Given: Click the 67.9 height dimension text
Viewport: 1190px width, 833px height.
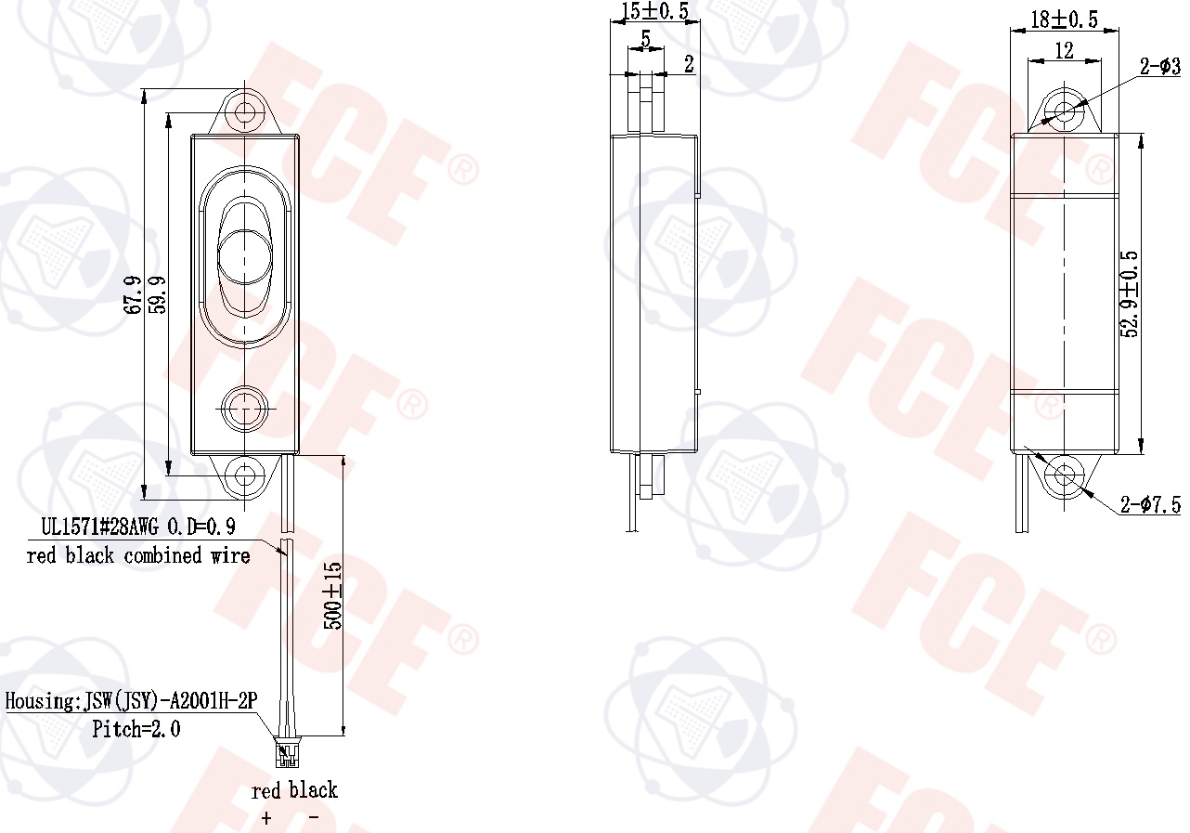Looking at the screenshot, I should tap(132, 294).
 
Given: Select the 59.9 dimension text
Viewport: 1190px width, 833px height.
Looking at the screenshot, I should tap(158, 294).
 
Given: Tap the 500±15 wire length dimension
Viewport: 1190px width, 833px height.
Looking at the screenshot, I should tap(332, 595).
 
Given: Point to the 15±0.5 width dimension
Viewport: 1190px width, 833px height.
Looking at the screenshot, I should tap(653, 12).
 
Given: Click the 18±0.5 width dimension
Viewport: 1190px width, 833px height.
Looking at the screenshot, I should tap(1064, 20).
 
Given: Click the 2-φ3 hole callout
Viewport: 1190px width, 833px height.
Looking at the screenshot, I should tap(1160, 67).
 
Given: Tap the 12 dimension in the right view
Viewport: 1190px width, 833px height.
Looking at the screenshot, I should tap(1064, 51).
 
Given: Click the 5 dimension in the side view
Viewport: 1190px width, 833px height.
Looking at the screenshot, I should tap(645, 41).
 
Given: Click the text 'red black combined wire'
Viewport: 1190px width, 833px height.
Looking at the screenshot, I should tap(138, 556).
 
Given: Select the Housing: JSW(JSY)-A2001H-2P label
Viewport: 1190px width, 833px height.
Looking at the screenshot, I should tap(131, 701).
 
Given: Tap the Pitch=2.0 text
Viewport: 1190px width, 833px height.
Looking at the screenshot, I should tap(136, 729).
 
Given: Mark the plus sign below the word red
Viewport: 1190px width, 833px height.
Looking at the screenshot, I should tap(267, 818).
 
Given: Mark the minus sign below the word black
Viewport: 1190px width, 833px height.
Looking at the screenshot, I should tap(314, 818).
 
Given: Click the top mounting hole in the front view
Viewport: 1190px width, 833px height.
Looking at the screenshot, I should tap(246, 112).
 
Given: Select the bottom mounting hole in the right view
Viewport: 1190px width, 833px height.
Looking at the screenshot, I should tap(1064, 476).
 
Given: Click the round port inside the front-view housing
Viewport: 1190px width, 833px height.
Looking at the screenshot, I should tap(246, 407).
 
